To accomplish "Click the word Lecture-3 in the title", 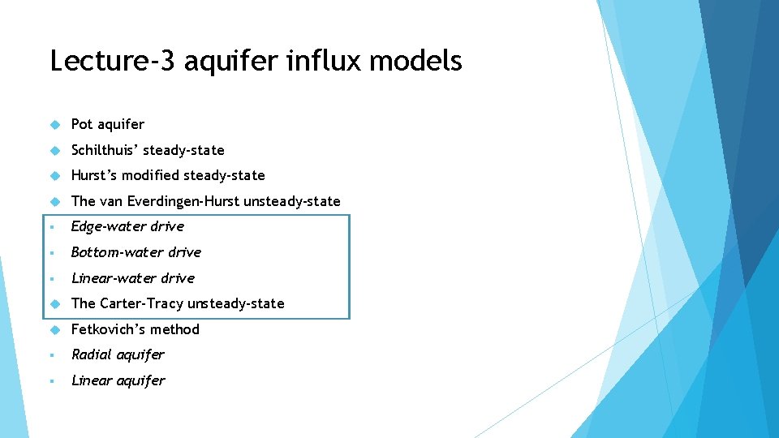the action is tap(111, 61).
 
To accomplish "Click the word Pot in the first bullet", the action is tap(82, 124).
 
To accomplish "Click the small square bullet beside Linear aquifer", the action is tap(52, 381).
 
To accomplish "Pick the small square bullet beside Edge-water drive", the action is tap(52, 227).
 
